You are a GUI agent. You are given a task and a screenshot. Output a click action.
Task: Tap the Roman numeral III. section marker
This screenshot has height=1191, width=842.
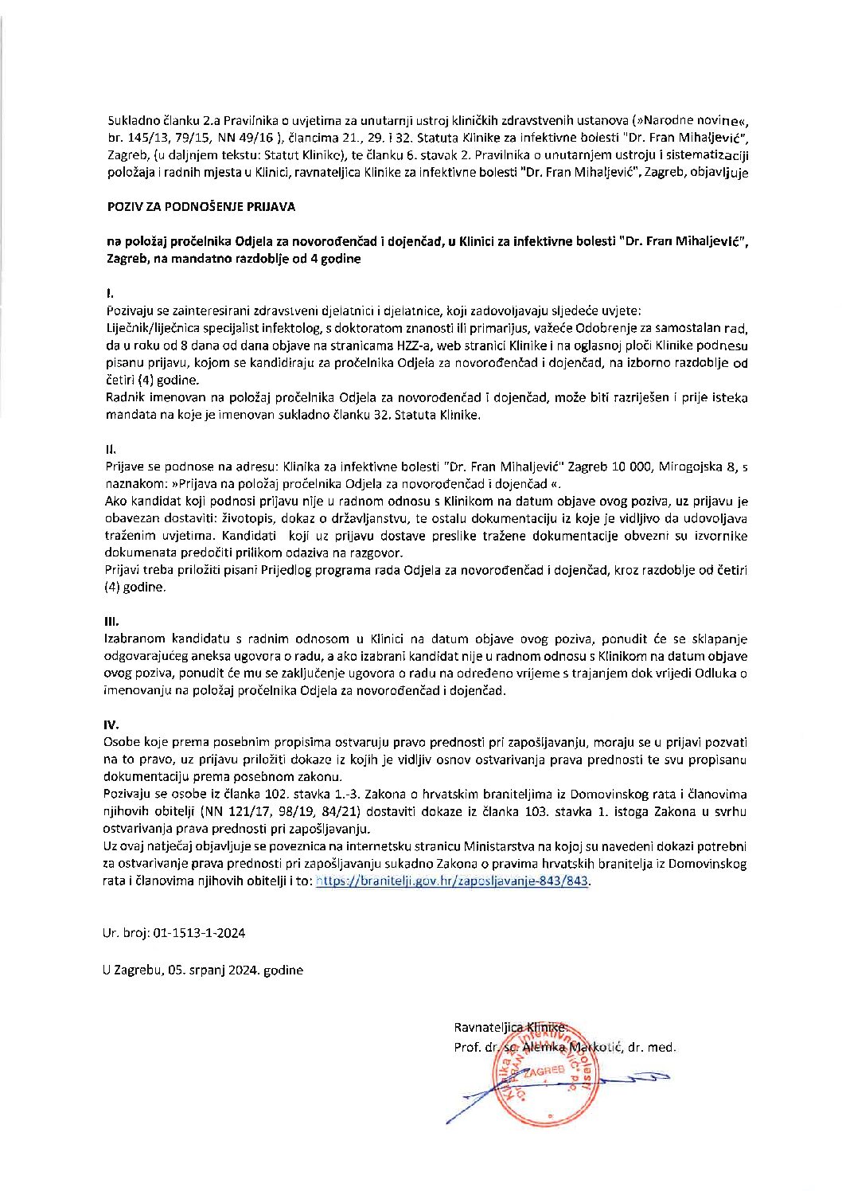click(x=111, y=619)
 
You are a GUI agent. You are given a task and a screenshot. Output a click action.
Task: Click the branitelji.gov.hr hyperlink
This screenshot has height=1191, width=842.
click(x=453, y=881)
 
